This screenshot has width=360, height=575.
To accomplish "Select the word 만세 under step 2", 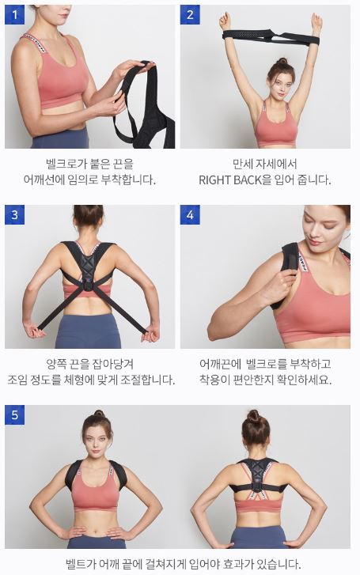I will pyautogui.click(x=245, y=164).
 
